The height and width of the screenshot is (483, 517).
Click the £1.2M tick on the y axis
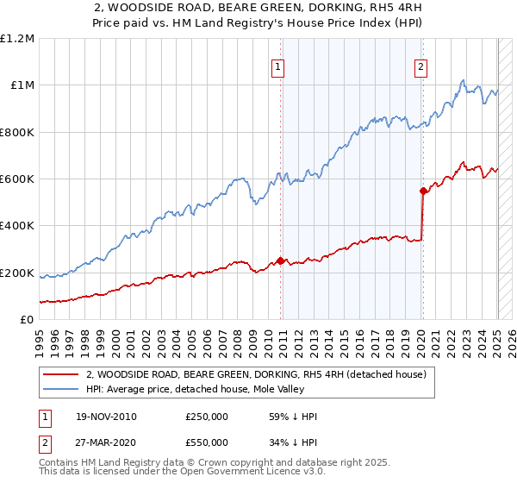point(17,39)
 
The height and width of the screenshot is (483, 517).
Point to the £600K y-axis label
point(17,179)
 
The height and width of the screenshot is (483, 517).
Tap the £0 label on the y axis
point(27,320)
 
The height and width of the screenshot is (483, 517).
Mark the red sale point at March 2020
point(423,191)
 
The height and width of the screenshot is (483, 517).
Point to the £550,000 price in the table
point(207,442)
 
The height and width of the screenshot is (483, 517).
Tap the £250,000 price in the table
point(207,417)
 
